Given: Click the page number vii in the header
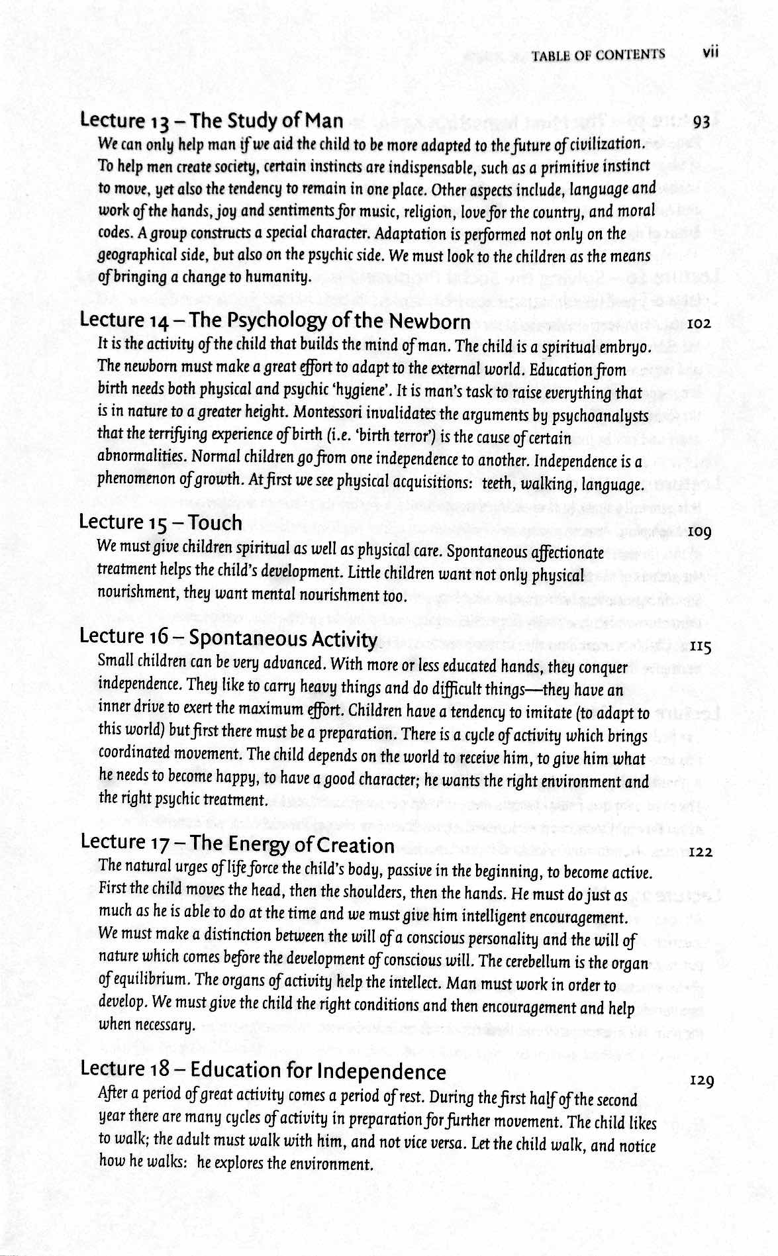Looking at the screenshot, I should pos(710,52).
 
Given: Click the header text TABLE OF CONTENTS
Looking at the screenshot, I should pos(597,55).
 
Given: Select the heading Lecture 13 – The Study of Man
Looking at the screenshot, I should pos(211,120).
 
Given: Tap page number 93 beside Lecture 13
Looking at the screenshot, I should pos(701,122).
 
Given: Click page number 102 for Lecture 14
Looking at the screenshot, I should pos(699,324).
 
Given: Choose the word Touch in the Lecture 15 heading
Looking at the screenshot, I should pos(215,523).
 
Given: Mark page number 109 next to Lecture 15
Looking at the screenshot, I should pos(699,532).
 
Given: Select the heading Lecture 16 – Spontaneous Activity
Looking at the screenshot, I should pos(228,638).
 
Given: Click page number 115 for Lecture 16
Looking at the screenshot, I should pos(700,647).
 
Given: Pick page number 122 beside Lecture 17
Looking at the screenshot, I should pos(700,852).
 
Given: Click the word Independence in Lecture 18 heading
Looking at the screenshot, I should pos(381,1072).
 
